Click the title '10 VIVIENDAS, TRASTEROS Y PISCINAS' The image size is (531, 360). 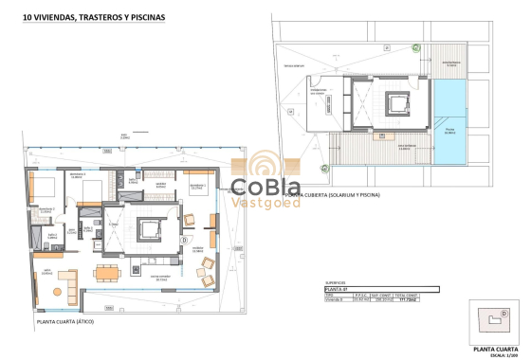[x=84, y=16]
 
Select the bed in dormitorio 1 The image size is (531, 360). [x=198, y=189]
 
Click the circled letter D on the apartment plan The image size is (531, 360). [x=183, y=241]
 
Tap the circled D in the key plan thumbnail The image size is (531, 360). [x=504, y=314]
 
